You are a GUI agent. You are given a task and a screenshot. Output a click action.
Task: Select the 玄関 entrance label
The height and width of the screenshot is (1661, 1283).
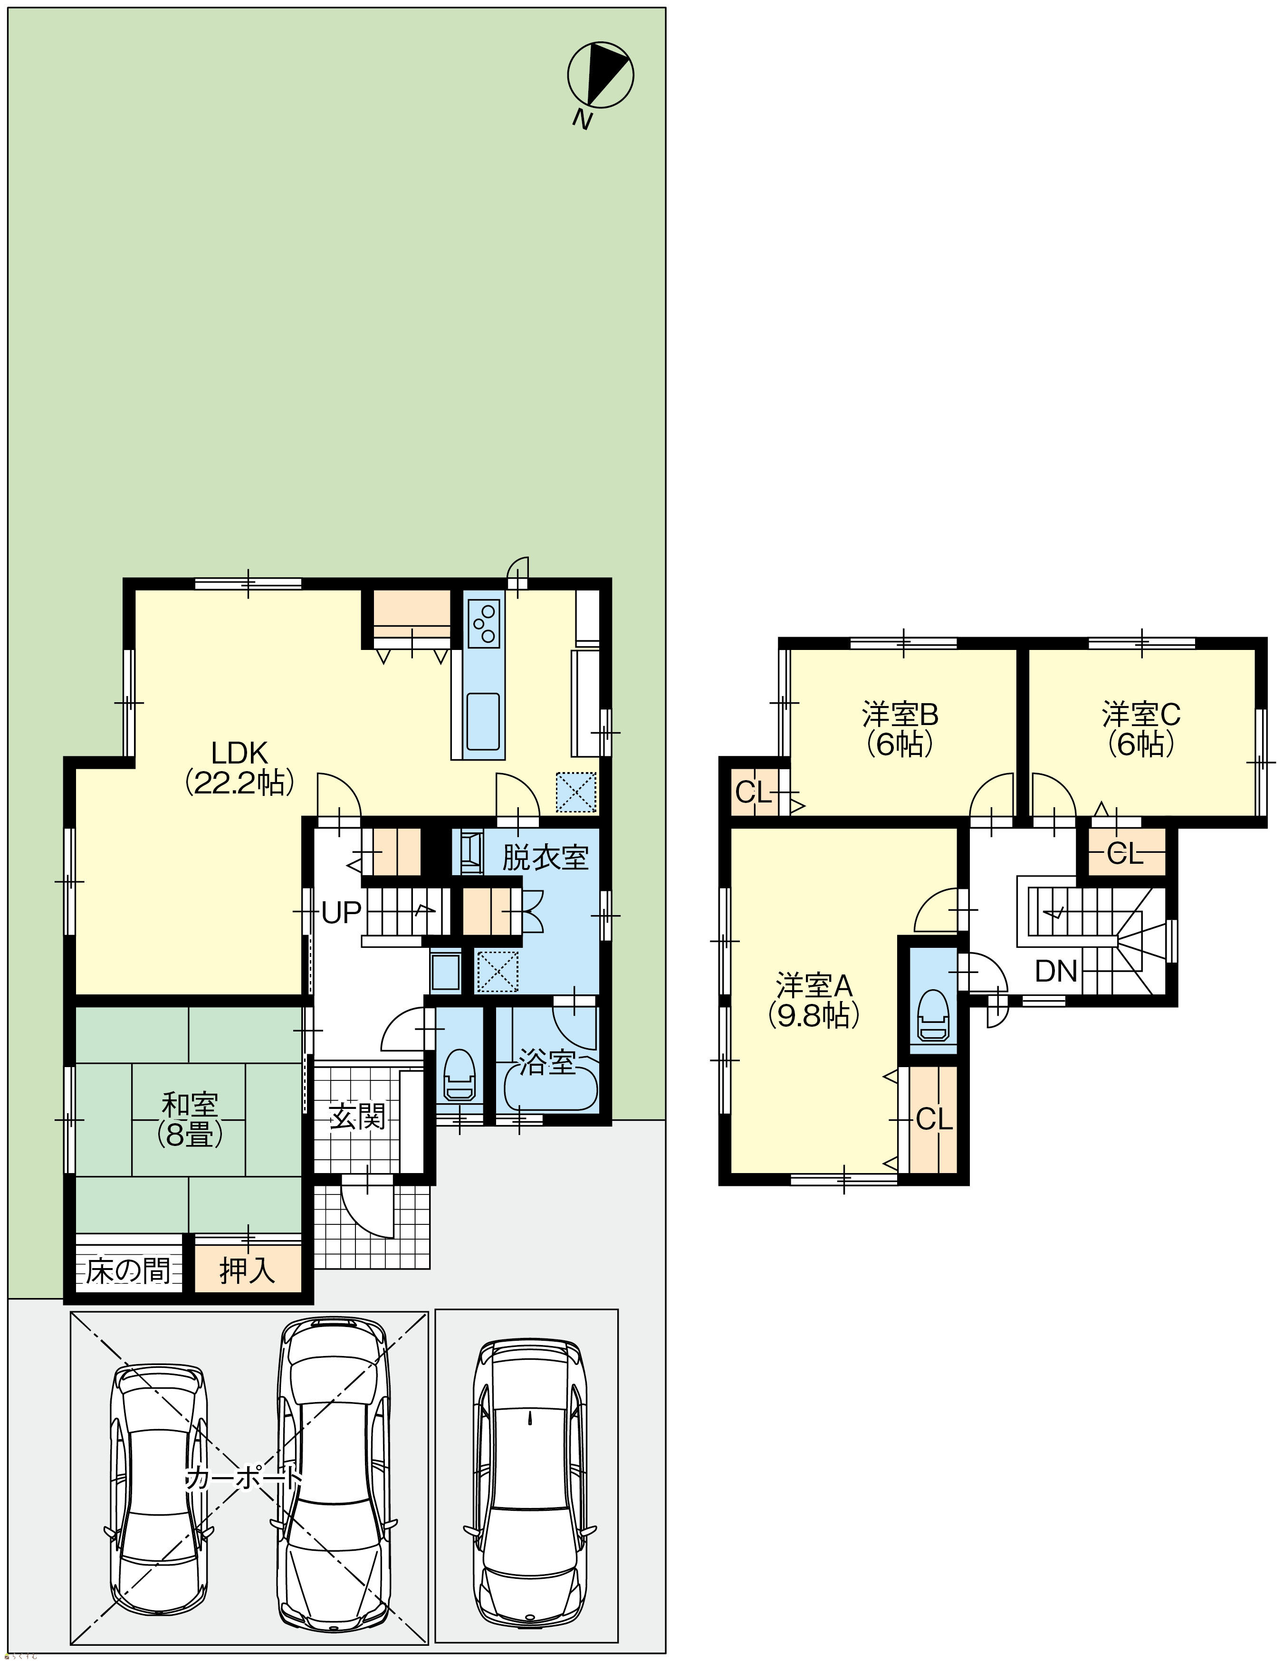[x=357, y=1117]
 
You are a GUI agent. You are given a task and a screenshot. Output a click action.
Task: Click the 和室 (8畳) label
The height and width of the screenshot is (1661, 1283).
[x=190, y=1120]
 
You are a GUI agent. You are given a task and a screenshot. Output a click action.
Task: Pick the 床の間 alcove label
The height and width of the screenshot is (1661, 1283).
[x=128, y=1271]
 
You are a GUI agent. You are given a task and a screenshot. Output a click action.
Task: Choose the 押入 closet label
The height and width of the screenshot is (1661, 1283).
[x=247, y=1271]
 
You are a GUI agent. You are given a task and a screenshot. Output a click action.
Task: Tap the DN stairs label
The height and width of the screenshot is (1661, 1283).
[x=1056, y=971]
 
